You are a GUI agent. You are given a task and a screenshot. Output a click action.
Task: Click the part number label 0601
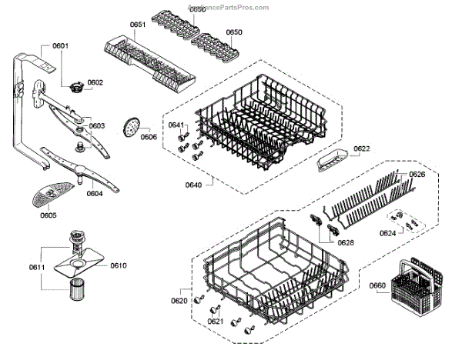coord(60,46)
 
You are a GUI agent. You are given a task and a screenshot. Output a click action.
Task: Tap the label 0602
coord(95,82)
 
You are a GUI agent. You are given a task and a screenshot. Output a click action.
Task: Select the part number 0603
coord(97,126)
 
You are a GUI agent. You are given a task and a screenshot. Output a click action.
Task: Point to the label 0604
coord(94,194)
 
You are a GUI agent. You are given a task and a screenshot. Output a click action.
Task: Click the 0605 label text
coord(48,215)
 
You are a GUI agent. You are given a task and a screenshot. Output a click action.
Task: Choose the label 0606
coord(149,137)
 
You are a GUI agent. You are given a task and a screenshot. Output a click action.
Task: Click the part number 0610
coord(118,265)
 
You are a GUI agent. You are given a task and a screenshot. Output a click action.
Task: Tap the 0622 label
coord(362,148)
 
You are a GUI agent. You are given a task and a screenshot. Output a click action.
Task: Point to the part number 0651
coord(138,25)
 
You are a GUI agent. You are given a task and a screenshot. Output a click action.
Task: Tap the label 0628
coord(346,243)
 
